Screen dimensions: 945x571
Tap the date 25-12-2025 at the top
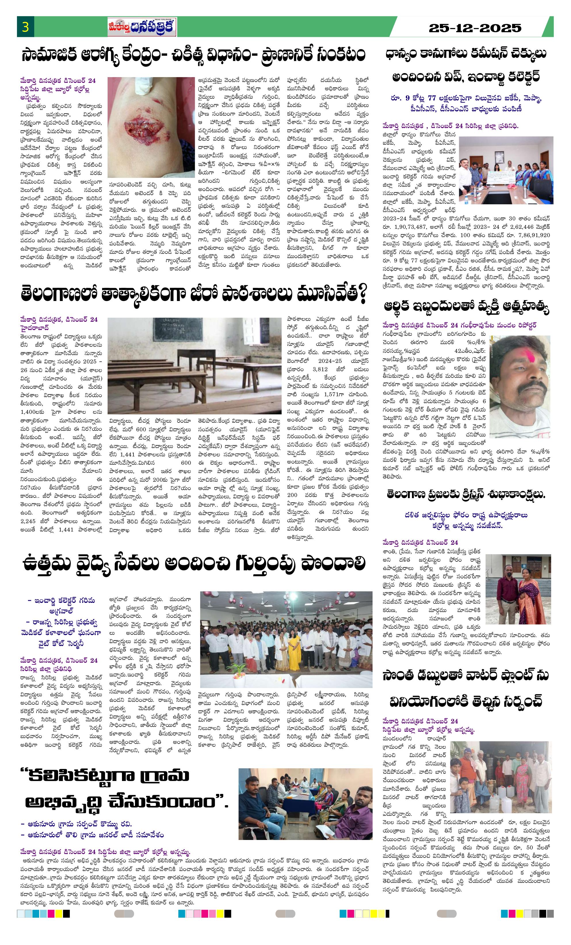pyautogui.click(x=475, y=28)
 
